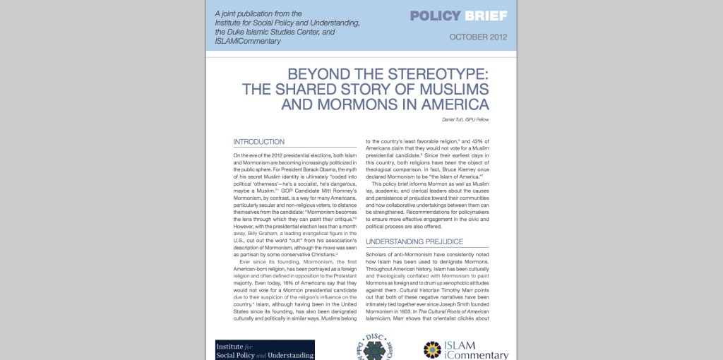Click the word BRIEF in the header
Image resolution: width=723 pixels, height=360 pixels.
pyautogui.click(x=486, y=16)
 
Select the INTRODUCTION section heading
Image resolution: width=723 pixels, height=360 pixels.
pyautogui.click(x=258, y=142)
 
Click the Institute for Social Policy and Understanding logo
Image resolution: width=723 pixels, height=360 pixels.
pyautogui.click(x=265, y=350)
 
